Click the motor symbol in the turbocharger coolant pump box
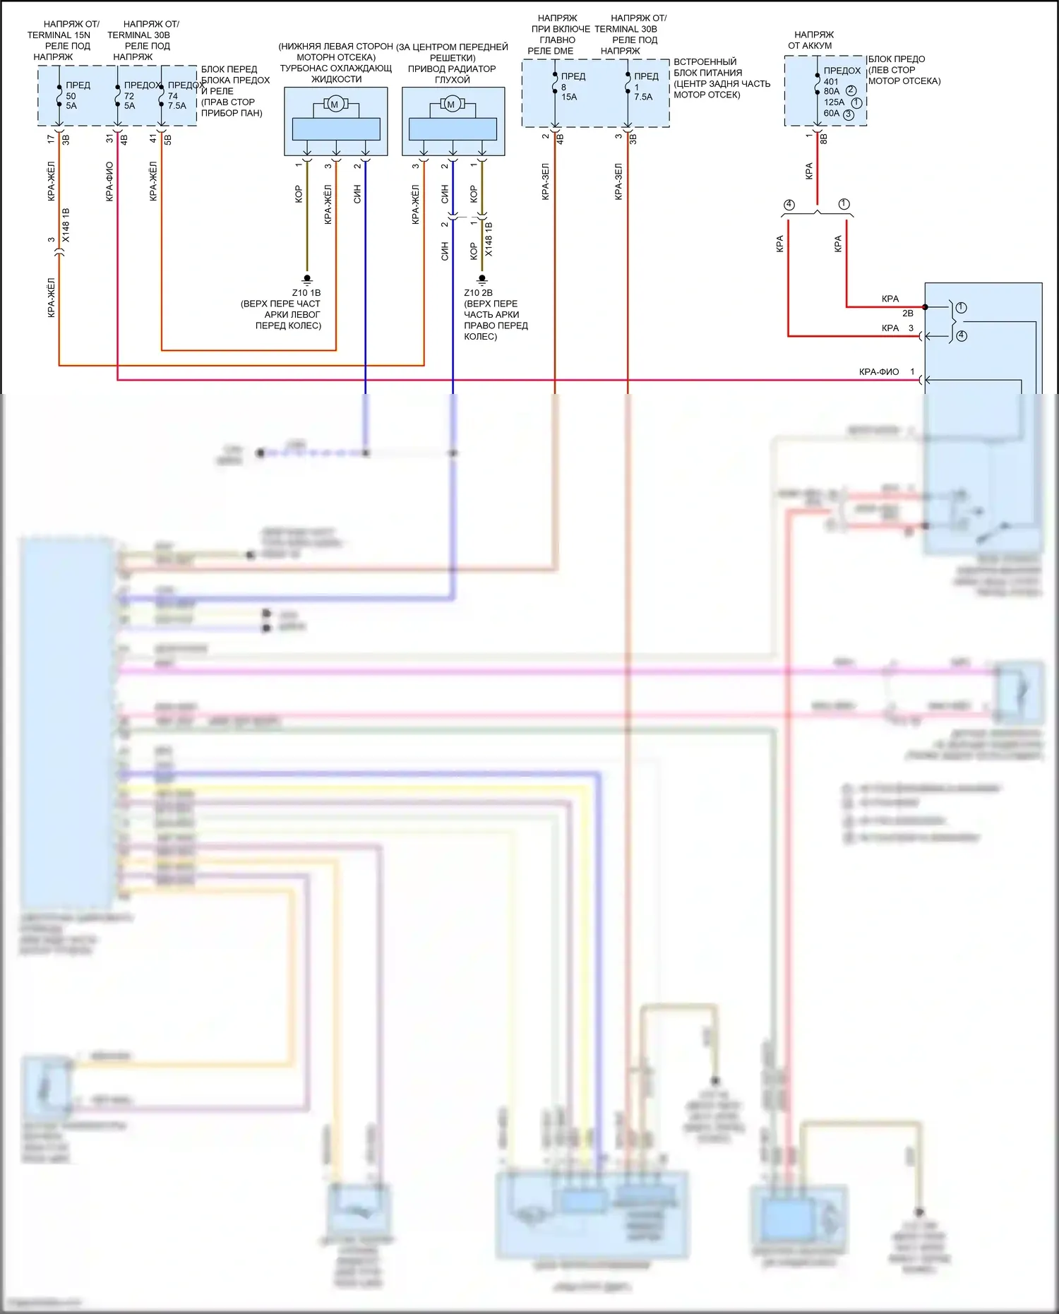(335, 104)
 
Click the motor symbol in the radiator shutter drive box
(452, 104)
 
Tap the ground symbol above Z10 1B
(307, 280)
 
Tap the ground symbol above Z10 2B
(482, 280)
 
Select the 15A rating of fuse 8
(569, 97)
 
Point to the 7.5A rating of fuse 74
(177, 106)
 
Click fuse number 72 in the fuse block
(129, 96)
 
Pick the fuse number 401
(831, 81)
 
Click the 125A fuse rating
(834, 102)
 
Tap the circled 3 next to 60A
(849, 114)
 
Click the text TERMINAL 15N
(59, 35)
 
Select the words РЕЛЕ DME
(551, 51)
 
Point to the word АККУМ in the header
(819, 45)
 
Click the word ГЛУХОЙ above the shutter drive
(452, 80)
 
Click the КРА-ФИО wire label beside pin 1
(878, 372)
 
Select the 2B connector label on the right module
(907, 313)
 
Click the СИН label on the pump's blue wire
(357, 194)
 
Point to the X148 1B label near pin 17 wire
(66, 225)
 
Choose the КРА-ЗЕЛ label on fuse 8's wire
(546, 182)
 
